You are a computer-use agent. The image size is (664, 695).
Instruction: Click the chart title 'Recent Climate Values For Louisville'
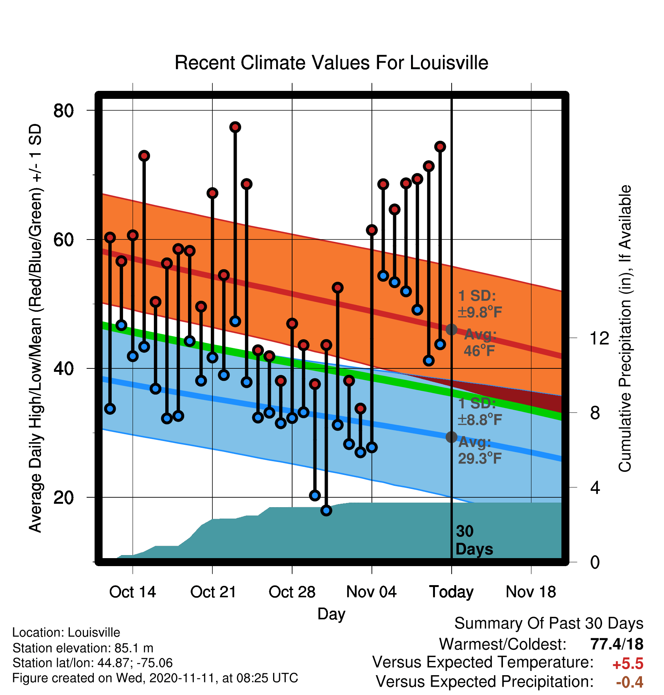tap(331, 63)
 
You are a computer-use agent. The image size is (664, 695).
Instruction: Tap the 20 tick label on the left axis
tap(63, 497)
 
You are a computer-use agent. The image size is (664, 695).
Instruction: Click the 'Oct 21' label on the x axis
tap(213, 592)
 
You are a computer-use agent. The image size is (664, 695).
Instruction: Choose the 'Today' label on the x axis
tap(451, 592)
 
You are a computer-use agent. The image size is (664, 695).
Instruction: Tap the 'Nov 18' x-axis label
tap(531, 592)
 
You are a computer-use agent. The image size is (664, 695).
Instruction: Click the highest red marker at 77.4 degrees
tap(235, 127)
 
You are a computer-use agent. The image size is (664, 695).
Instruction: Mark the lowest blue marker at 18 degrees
tap(326, 511)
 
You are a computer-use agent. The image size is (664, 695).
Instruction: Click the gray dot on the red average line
tap(451, 329)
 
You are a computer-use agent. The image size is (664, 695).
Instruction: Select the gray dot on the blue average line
tap(451, 437)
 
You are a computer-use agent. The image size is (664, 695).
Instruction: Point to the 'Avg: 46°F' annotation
tap(480, 343)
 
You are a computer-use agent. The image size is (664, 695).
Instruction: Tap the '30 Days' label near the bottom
tap(474, 540)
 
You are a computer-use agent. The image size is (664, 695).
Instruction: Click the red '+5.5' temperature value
tap(628, 664)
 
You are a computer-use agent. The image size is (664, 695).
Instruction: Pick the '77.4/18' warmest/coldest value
tap(617, 644)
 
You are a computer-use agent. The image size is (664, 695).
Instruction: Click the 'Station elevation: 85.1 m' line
tap(83, 648)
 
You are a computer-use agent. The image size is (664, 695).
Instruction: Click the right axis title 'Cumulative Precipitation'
tap(625, 328)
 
